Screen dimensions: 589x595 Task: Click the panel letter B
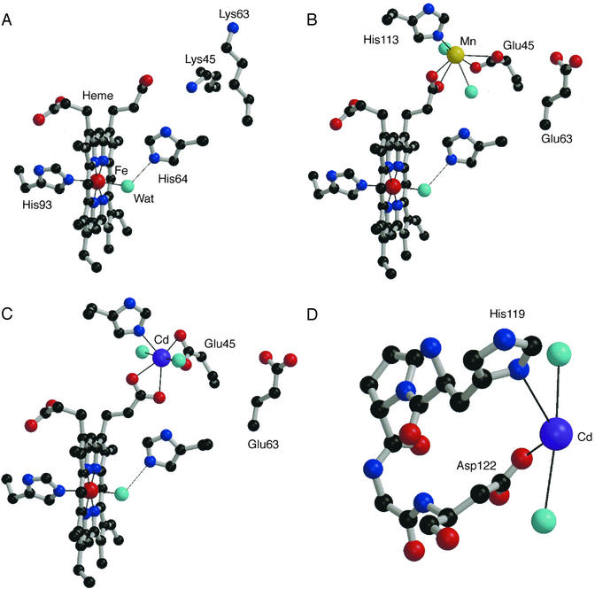[311, 17]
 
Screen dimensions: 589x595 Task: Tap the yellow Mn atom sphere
[455, 55]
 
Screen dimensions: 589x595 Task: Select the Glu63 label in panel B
[557, 138]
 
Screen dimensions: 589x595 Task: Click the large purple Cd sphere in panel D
[556, 436]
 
